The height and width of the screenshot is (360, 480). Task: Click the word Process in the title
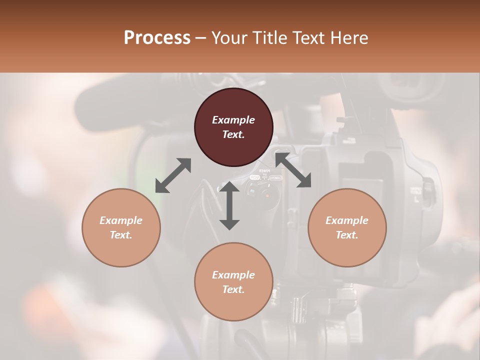click(157, 38)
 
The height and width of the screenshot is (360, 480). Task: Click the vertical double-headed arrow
click(229, 205)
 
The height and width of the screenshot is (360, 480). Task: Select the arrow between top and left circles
click(173, 175)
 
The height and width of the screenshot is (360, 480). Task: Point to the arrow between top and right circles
click(293, 170)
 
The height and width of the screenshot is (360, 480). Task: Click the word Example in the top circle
click(233, 120)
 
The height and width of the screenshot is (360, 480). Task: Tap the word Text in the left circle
click(121, 235)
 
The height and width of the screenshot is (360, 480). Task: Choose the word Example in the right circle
click(347, 220)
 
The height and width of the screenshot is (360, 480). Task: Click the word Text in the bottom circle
click(233, 289)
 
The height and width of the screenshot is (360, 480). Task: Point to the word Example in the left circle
click(121, 220)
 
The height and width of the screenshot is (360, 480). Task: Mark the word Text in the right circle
click(347, 235)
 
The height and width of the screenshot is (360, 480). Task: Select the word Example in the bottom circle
click(233, 275)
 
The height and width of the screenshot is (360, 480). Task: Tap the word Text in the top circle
click(233, 134)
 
